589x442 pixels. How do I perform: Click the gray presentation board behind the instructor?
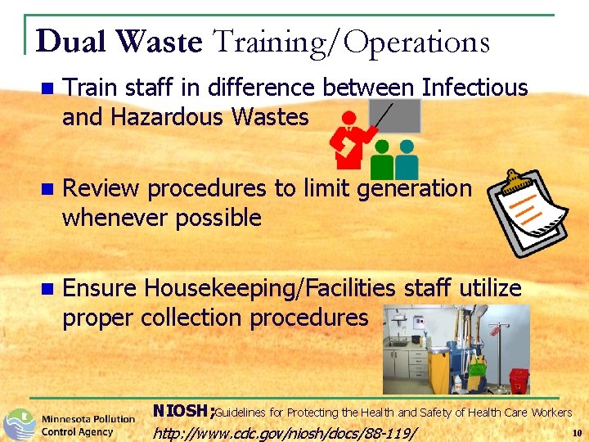(395, 116)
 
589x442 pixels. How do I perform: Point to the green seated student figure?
(383, 160)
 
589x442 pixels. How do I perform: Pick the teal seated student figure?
(407, 160)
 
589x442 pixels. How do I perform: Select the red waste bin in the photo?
(518, 380)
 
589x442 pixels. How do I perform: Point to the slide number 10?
(577, 431)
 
